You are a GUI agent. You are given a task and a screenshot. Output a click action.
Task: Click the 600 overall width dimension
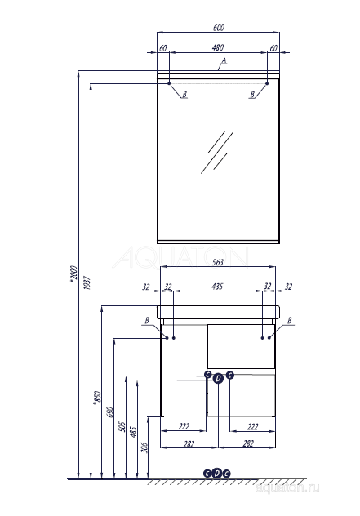217,27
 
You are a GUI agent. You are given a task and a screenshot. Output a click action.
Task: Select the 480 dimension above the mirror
217,48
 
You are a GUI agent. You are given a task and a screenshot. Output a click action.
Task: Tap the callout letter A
223,62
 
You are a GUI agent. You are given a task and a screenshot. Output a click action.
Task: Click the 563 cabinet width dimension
217,263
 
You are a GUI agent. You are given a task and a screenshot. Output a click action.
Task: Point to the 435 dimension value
217,287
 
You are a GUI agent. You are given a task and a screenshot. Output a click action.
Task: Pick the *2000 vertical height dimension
73,278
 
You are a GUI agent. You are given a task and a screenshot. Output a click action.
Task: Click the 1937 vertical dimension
87,284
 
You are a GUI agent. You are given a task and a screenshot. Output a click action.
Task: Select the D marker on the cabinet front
218,377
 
